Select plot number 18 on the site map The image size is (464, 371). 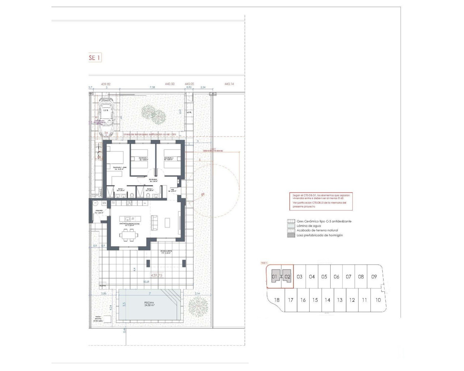click(x=277, y=300)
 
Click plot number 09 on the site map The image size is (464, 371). click(x=374, y=277)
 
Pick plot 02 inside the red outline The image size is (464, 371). click(x=287, y=277)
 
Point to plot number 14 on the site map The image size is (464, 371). click(x=327, y=300)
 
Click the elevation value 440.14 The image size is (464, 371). click(x=229, y=84)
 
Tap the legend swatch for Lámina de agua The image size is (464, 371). click(x=290, y=226)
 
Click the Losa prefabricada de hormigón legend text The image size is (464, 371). click(x=319, y=235)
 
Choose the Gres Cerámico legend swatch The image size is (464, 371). click(x=290, y=221)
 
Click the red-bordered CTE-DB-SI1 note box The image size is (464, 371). click(x=320, y=201)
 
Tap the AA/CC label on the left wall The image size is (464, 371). click(x=101, y=191)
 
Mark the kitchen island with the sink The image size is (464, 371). click(x=132, y=219)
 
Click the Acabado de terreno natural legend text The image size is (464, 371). click(x=317, y=230)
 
